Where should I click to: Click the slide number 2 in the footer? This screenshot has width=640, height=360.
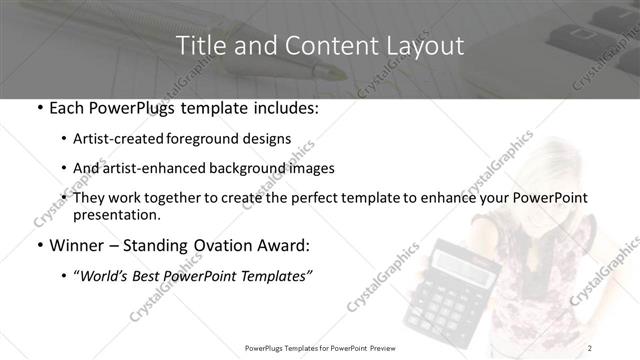point(592,348)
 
